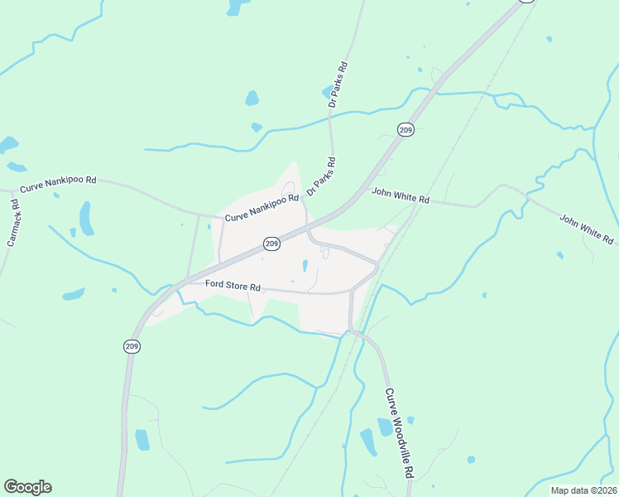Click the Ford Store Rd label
(x=233, y=287)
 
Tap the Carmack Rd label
(x=14, y=224)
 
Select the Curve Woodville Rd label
(x=398, y=433)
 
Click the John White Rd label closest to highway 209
(x=401, y=195)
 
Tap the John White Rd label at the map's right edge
(x=587, y=229)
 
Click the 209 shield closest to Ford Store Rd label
(x=271, y=244)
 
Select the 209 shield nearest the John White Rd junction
(x=405, y=129)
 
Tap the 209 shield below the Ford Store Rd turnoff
(x=132, y=347)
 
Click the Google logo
(x=27, y=487)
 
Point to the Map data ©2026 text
(x=583, y=490)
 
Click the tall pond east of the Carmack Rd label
(x=86, y=218)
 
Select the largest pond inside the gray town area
(x=305, y=266)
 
